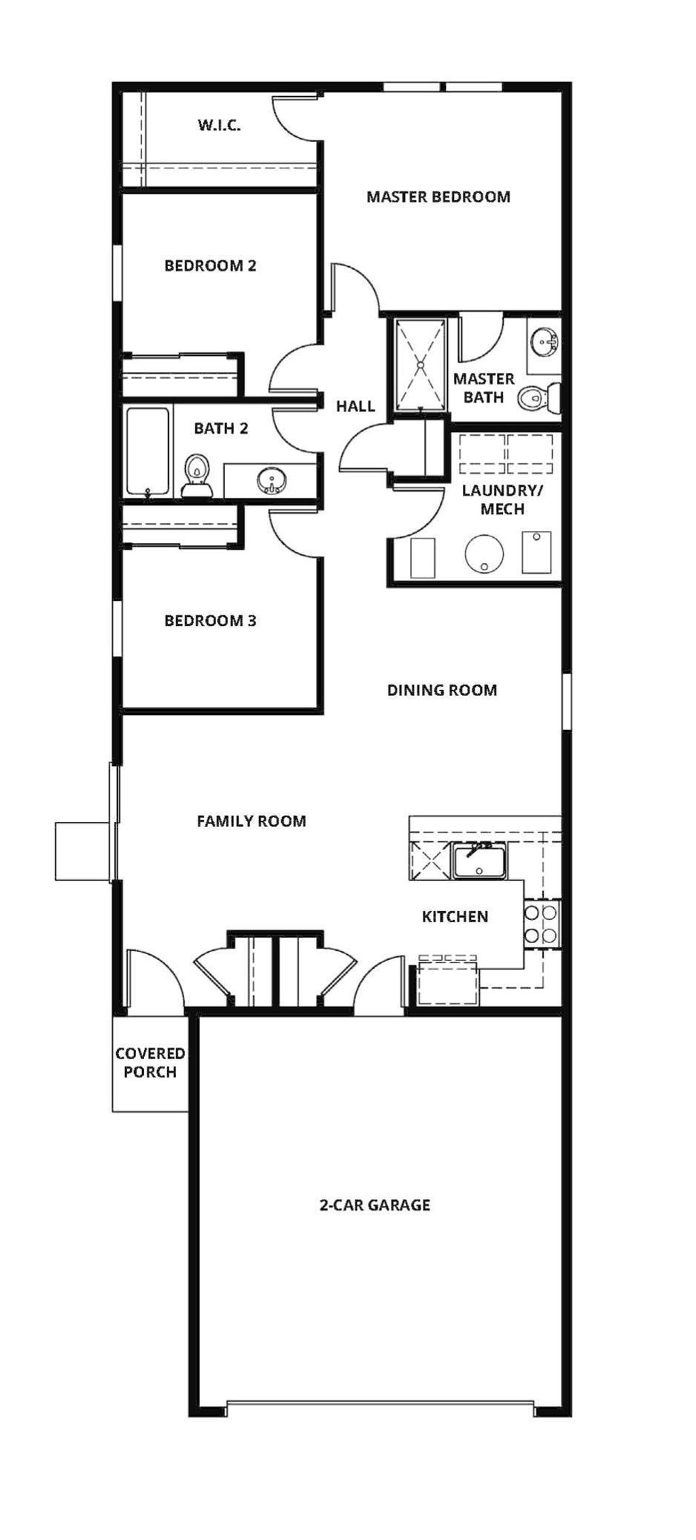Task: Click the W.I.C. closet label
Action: pyautogui.click(x=219, y=125)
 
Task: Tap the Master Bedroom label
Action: pyautogui.click(x=438, y=197)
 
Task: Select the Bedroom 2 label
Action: pyautogui.click(x=211, y=265)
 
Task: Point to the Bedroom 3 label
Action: pyautogui.click(x=211, y=621)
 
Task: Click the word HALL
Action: pyautogui.click(x=355, y=406)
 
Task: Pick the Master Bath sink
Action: pyautogui.click(x=544, y=342)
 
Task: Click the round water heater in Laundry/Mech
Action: pyautogui.click(x=485, y=553)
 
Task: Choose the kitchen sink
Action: pyautogui.click(x=478, y=861)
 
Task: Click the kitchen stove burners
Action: pyautogui.click(x=542, y=924)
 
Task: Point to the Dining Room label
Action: pyautogui.click(x=442, y=691)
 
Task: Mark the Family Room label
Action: pyautogui.click(x=251, y=822)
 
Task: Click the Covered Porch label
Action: pyautogui.click(x=150, y=1063)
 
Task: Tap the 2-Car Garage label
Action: pyautogui.click(x=375, y=1205)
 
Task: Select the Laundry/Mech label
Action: pyautogui.click(x=503, y=500)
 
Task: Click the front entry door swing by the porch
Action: pyautogui.click(x=154, y=978)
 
